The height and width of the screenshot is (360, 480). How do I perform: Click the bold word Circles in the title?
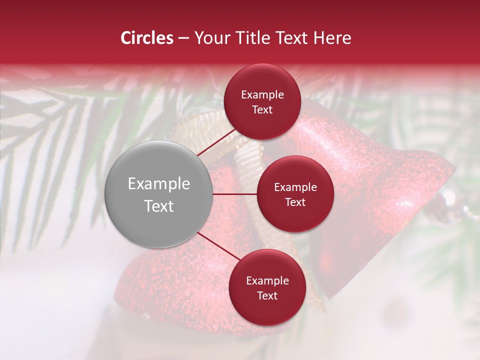[x=147, y=38]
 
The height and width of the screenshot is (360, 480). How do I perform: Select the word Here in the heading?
[x=332, y=38]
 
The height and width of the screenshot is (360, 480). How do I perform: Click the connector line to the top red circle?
[x=216, y=141]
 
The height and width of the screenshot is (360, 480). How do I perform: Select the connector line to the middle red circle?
[x=235, y=194]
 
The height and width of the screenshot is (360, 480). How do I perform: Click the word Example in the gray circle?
[x=159, y=184]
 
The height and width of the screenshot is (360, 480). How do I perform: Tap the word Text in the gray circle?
[x=159, y=206]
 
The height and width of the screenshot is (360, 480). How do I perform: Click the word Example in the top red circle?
[x=262, y=94]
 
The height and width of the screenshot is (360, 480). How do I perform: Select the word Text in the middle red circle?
[x=295, y=202]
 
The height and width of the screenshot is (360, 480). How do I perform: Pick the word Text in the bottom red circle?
[x=267, y=295]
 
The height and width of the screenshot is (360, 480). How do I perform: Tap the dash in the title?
[x=183, y=38]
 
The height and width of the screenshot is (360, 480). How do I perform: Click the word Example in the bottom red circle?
[x=267, y=280]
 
